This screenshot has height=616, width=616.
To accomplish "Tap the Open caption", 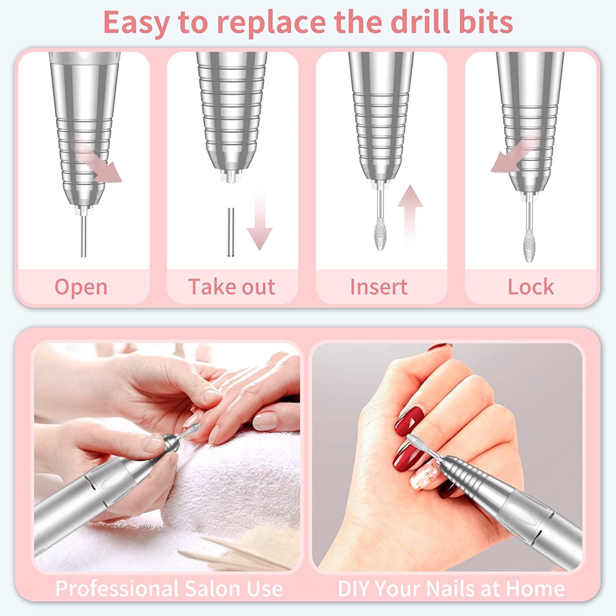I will click(81, 287).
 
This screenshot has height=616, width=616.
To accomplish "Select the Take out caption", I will click(232, 287).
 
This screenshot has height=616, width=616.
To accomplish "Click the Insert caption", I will click(379, 287).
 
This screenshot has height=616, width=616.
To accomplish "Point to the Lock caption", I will click(531, 287).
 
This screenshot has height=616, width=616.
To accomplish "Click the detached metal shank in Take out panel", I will click(231, 232).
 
